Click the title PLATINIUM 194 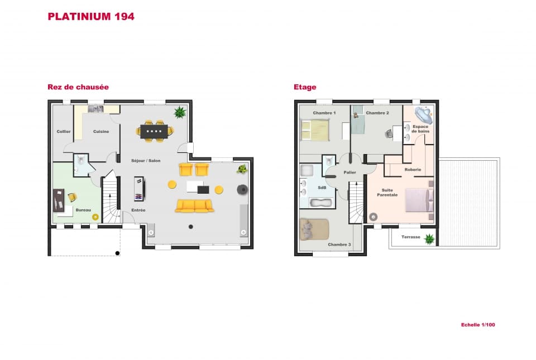pyautogui.click(x=91, y=17)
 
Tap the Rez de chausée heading pyautogui.click(x=78, y=87)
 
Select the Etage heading pyautogui.click(x=305, y=87)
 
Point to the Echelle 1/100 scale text pyautogui.click(x=478, y=324)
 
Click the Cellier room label pyautogui.click(x=63, y=132)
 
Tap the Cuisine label pyautogui.click(x=101, y=132)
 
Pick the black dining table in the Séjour pyautogui.click(x=155, y=131)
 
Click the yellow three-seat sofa pyautogui.click(x=194, y=206)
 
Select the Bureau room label pyautogui.click(x=83, y=210)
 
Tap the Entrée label pyautogui.click(x=138, y=210)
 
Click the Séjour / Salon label pyautogui.click(x=146, y=161)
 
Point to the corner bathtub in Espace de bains pyautogui.click(x=423, y=115)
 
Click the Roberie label pyautogui.click(x=413, y=169)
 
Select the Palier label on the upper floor pyautogui.click(x=350, y=172)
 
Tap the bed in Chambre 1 pyautogui.click(x=315, y=131)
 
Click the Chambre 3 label pyautogui.click(x=339, y=244)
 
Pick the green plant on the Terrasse pyautogui.click(x=429, y=239)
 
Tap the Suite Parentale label pyautogui.click(x=387, y=193)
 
